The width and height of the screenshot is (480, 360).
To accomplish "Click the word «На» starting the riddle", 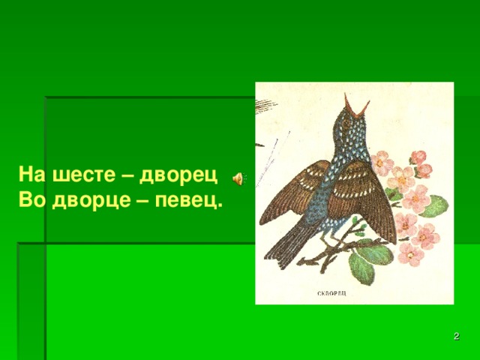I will pyautogui.click(x=31, y=176).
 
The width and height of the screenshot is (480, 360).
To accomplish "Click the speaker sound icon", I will pyautogui.click(x=236, y=178).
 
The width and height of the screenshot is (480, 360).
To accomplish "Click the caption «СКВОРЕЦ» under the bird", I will pyautogui.click(x=331, y=293).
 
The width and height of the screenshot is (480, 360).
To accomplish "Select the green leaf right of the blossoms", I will pyautogui.click(x=433, y=205).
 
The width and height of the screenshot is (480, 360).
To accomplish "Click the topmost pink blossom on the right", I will pyautogui.click(x=418, y=158).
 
